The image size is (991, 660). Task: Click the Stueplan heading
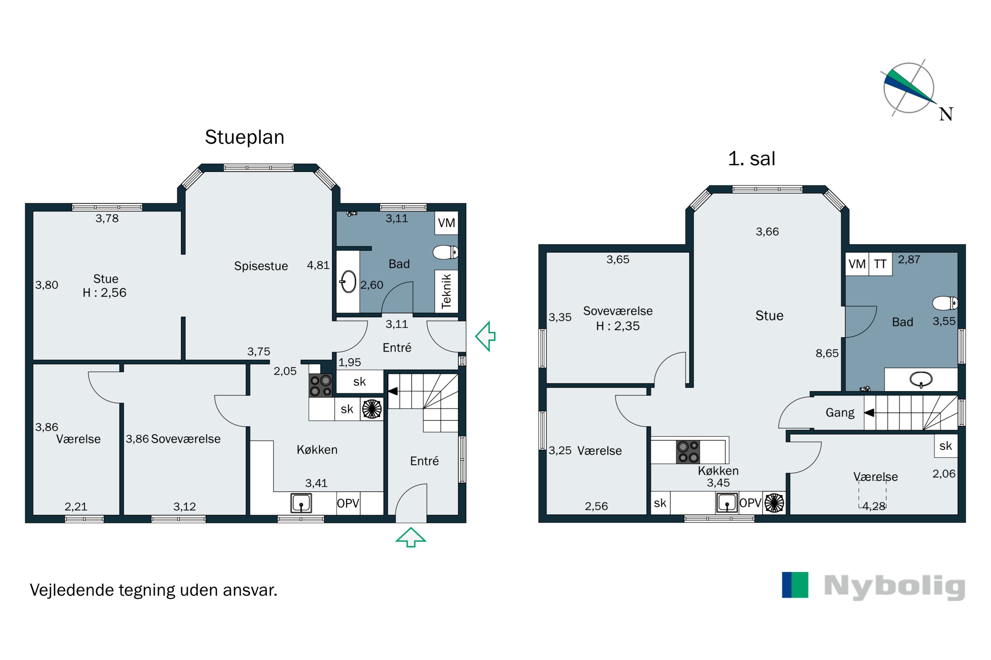tap(244, 138)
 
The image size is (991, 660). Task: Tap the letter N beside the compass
tap(946, 114)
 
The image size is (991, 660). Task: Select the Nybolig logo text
tap(895, 587)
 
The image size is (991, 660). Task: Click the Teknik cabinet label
tap(446, 291)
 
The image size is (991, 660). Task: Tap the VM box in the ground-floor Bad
tap(446, 223)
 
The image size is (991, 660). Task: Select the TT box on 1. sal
tap(880, 264)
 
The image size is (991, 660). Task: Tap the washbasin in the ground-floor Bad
tap(348, 281)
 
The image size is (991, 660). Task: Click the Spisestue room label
tap(261, 266)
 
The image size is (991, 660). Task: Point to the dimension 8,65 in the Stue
tap(827, 353)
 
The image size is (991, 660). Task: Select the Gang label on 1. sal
tap(840, 412)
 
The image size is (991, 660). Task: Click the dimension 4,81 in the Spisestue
tap(318, 265)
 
